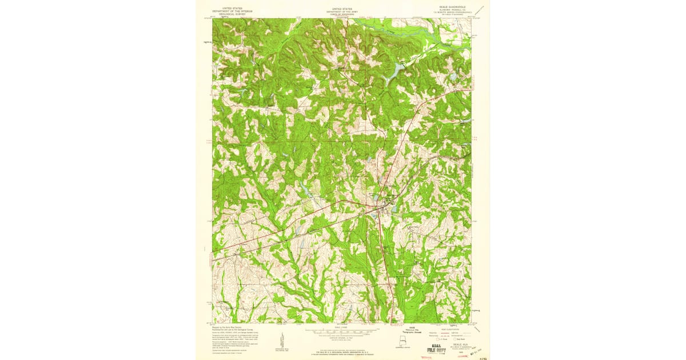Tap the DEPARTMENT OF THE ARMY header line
pyautogui.click(x=342, y=11)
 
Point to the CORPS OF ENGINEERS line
pyautogui.click(x=342, y=14)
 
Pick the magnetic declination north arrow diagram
pyautogui.click(x=282, y=340)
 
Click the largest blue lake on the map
pyautogui.click(x=396, y=72)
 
